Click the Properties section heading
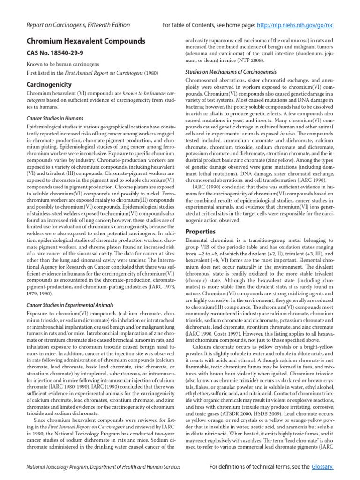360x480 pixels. tap(201, 231)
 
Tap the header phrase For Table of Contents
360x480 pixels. tap(191, 25)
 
